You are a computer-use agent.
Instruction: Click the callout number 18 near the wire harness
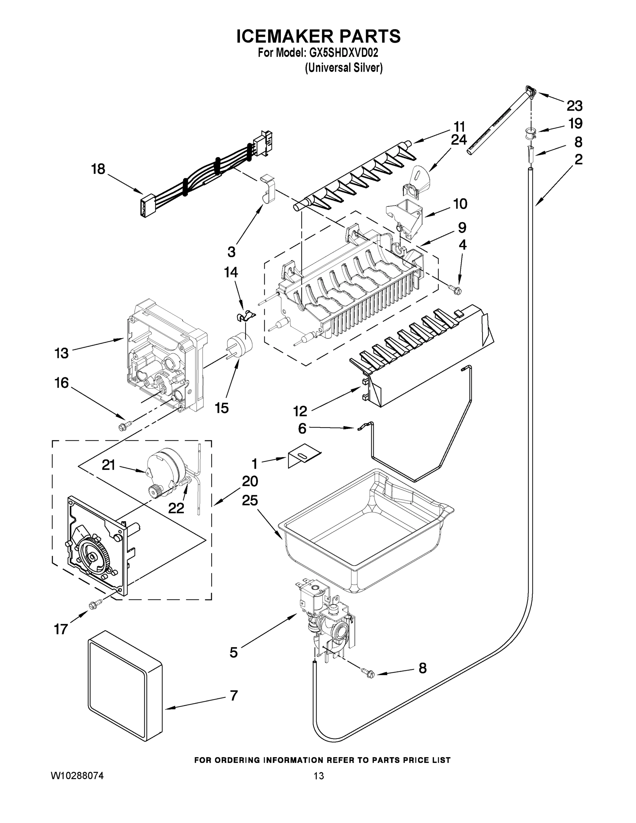coord(98,169)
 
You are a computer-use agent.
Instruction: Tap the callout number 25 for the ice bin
coord(250,500)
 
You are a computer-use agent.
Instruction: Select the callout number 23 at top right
coord(574,106)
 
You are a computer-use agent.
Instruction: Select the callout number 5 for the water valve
coord(233,652)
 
